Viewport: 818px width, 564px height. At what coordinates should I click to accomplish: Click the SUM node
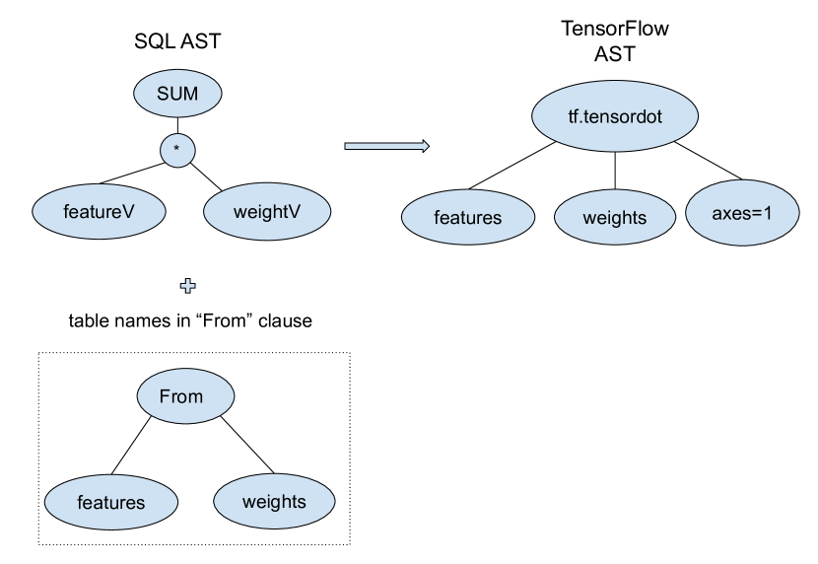tap(177, 95)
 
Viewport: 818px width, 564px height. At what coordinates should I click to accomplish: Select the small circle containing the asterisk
tap(177, 151)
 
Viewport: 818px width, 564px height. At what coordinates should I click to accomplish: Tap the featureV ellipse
tap(99, 212)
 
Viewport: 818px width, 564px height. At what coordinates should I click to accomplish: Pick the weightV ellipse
tap(266, 212)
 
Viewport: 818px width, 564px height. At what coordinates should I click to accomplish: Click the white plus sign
tap(187, 286)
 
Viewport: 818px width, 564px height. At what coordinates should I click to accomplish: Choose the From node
tap(181, 396)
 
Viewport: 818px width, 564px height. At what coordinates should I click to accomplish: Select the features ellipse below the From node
tap(110, 502)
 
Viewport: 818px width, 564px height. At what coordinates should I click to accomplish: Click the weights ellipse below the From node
tap(274, 501)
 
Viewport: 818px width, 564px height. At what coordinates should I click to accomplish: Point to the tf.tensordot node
tap(615, 117)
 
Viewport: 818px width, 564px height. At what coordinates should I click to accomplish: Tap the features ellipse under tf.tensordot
tap(467, 218)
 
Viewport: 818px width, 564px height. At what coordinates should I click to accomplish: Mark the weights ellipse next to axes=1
tap(614, 218)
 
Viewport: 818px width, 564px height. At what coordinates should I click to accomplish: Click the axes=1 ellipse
tap(742, 212)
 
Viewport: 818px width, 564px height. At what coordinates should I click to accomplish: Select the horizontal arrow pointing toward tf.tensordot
tap(385, 146)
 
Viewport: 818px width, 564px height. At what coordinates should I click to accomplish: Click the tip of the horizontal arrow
tap(427, 146)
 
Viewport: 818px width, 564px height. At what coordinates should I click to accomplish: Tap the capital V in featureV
tap(127, 212)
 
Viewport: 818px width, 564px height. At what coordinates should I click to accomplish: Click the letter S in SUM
tap(163, 95)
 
